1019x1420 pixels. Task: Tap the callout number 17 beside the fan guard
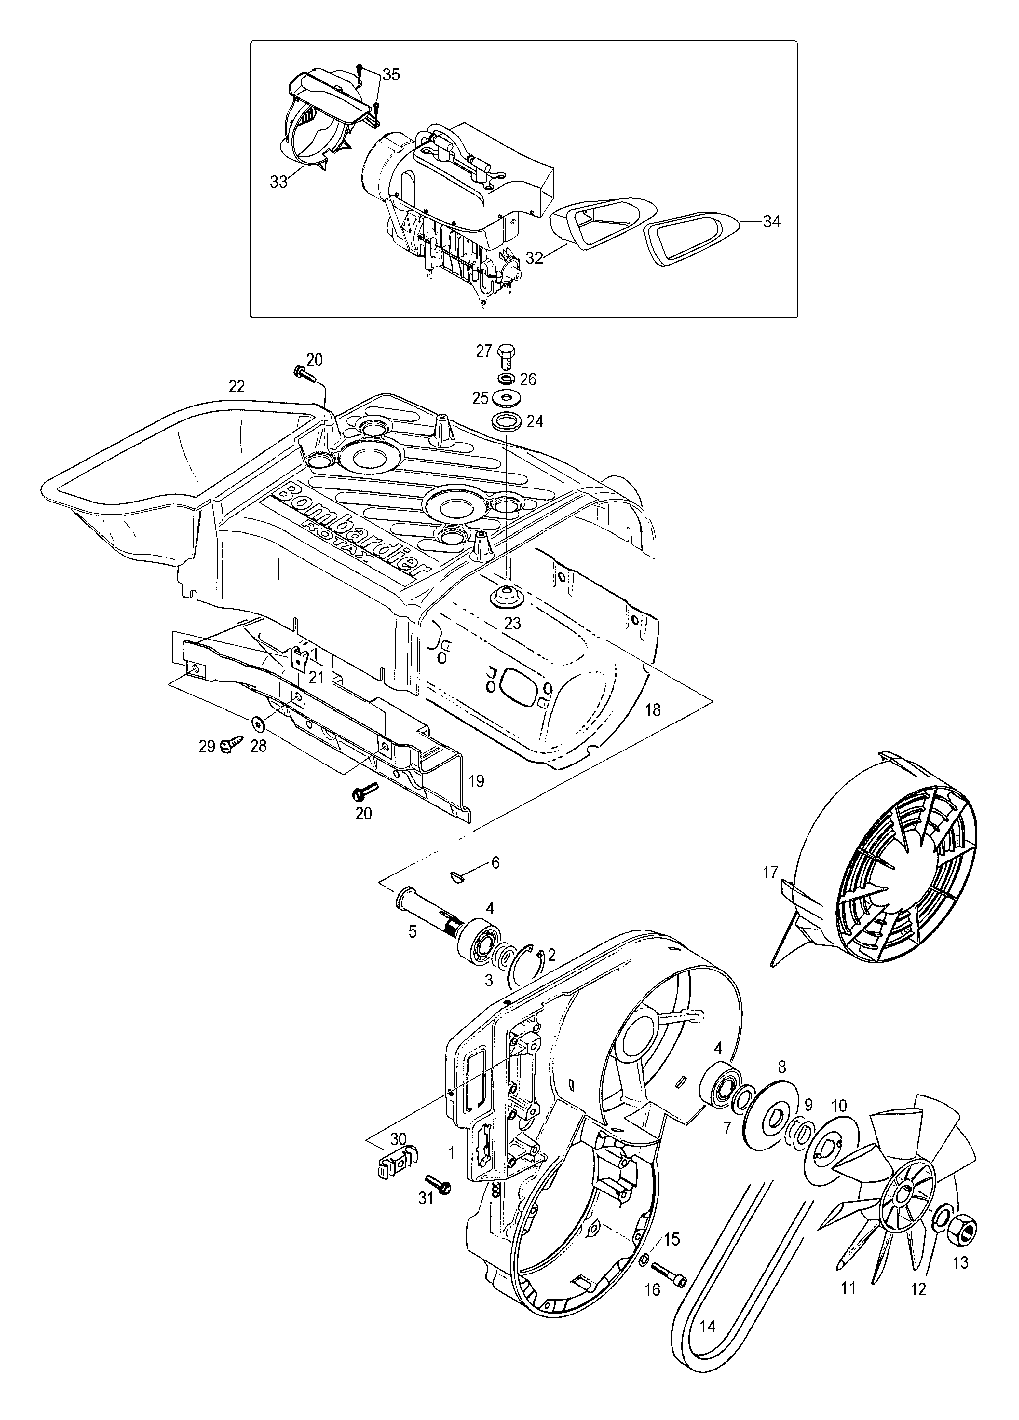[x=770, y=872]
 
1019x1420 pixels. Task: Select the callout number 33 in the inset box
[x=279, y=181]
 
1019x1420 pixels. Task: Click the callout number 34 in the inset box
[x=772, y=222]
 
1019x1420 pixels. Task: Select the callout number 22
[x=236, y=386]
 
